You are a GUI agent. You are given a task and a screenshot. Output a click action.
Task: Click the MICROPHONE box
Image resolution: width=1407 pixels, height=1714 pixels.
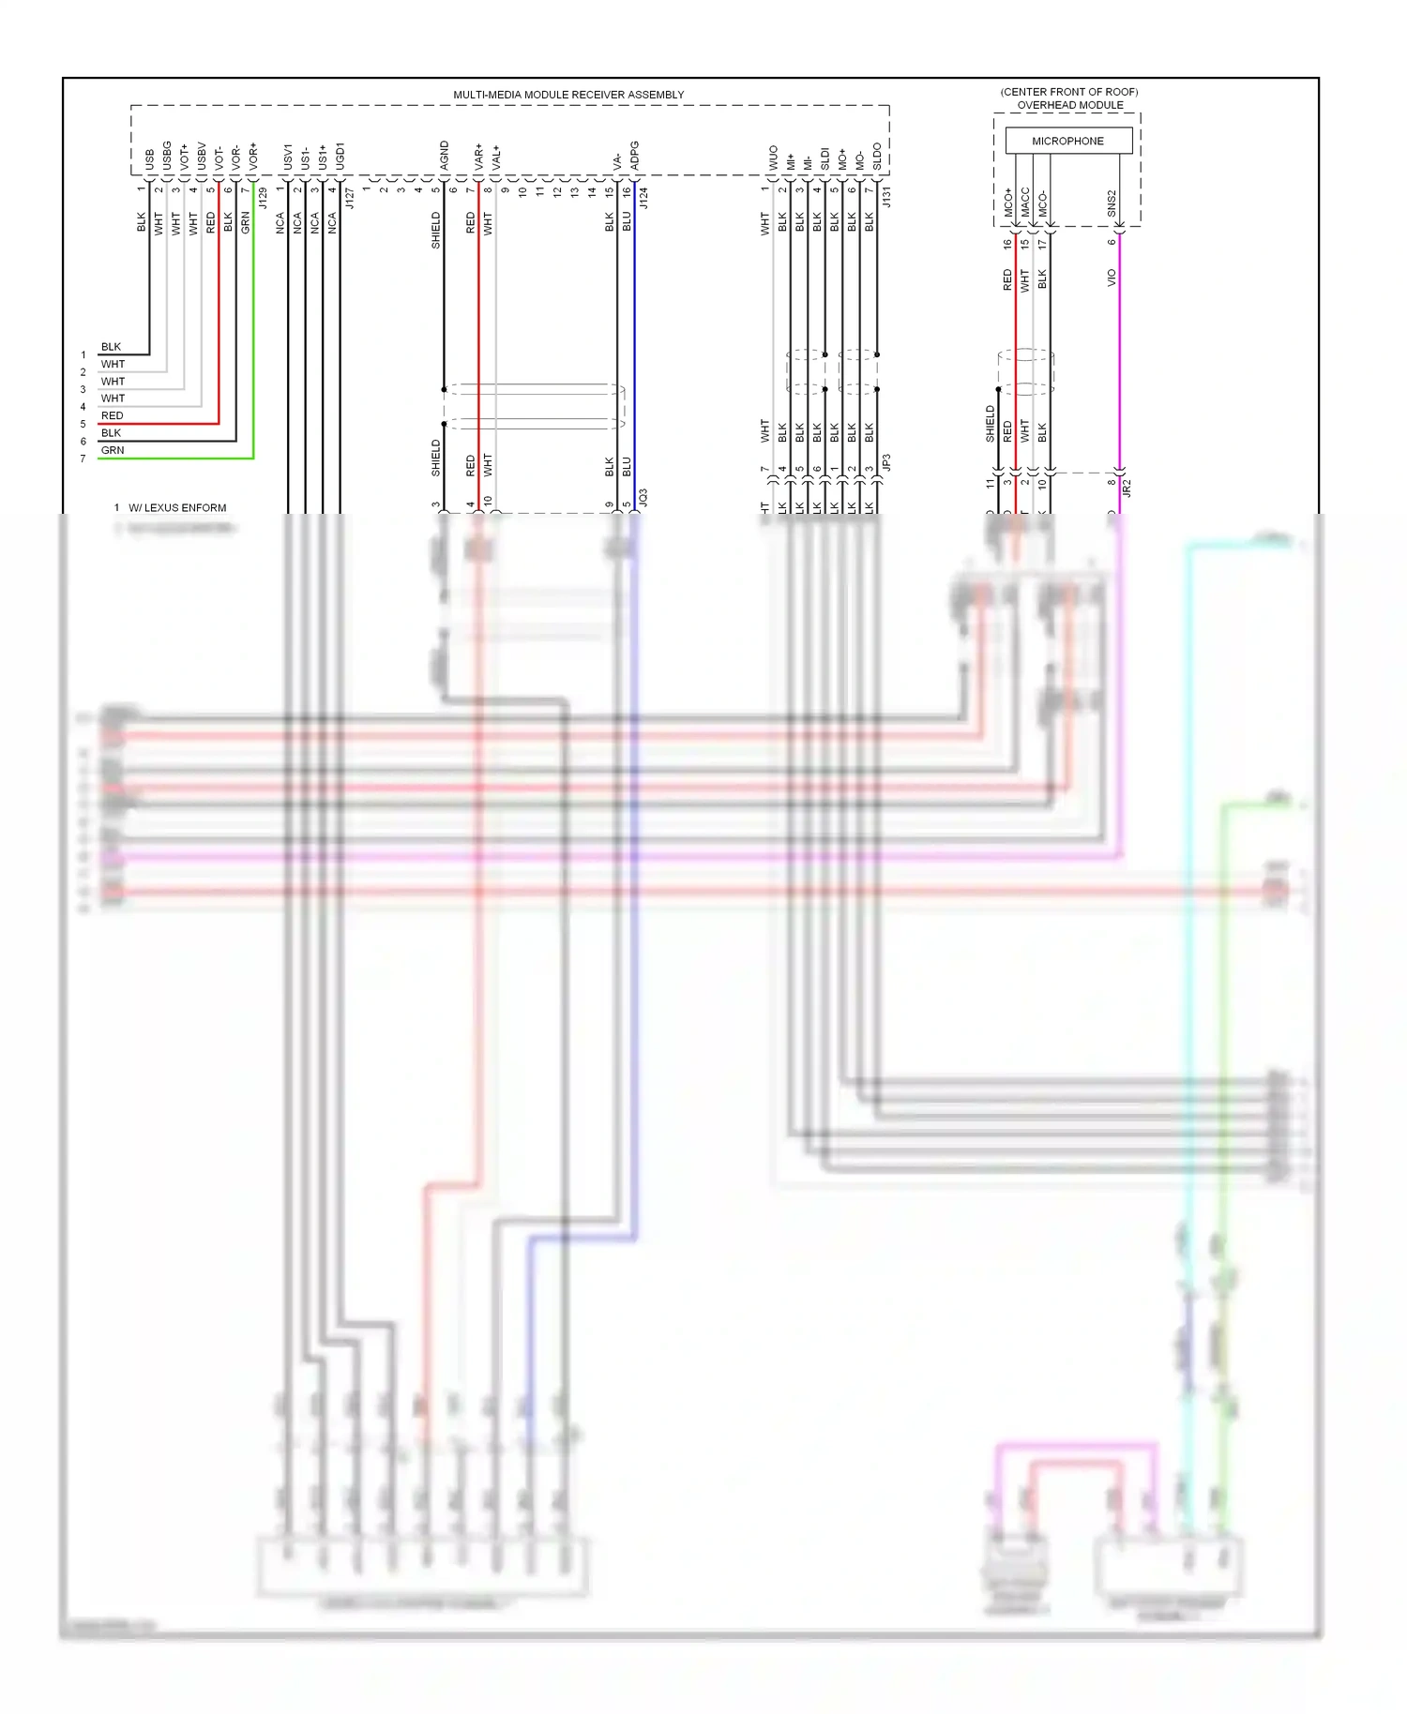point(1067,141)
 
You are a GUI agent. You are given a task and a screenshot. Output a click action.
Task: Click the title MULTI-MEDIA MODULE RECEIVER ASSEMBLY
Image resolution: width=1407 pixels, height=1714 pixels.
point(568,95)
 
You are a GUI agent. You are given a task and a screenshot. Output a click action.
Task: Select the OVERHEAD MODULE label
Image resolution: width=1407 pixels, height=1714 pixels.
point(1070,105)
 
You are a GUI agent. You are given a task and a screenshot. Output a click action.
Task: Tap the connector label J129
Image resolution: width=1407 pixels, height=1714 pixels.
point(263,198)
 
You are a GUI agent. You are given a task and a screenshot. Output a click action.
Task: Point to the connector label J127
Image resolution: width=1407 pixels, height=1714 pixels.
point(349,198)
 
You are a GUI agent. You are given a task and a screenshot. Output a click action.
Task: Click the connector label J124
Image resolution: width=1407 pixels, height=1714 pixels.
point(643,198)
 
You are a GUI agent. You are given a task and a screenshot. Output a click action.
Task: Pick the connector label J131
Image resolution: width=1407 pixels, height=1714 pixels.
point(885,197)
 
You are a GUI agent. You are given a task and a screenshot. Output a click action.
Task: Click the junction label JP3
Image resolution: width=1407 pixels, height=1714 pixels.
point(885,462)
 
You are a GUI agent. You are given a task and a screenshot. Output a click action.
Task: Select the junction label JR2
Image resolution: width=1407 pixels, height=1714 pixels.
point(1127,488)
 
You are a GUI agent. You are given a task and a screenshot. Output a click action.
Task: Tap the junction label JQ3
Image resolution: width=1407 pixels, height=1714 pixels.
point(643,497)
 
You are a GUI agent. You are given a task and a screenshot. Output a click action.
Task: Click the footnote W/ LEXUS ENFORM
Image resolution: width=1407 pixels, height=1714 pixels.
point(177,508)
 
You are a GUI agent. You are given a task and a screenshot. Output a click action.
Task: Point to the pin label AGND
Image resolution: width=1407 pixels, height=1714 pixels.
point(445,156)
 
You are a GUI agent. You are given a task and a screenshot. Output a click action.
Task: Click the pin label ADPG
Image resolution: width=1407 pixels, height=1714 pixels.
point(635,156)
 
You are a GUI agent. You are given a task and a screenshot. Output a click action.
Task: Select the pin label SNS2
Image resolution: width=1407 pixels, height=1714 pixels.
point(1112,203)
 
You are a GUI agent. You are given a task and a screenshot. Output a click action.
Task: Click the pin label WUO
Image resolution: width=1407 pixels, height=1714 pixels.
point(773,158)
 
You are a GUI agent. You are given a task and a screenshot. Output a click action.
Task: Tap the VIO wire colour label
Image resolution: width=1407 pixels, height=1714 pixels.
point(1112,278)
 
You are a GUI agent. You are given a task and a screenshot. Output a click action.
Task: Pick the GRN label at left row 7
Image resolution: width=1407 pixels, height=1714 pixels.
point(113,450)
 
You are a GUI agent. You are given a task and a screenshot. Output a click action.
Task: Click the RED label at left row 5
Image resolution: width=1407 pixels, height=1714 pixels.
point(112,415)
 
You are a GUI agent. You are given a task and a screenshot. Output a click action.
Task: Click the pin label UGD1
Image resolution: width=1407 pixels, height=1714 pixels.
point(340,156)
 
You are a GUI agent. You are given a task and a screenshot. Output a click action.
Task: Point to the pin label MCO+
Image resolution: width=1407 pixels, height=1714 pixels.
point(1008,203)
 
